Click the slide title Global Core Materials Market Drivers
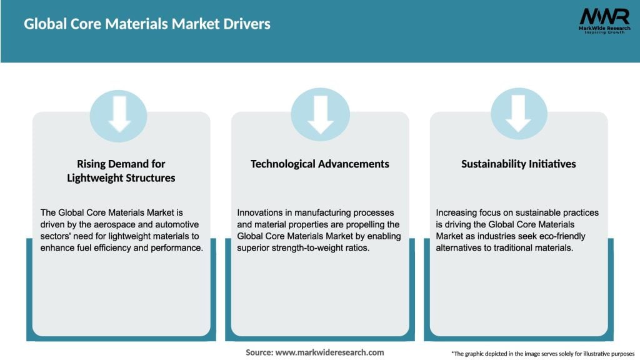tap(147, 24)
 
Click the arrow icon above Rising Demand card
tap(118, 116)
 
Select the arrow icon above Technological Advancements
tap(320, 116)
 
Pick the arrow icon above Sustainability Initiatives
tap(518, 116)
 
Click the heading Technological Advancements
tap(320, 164)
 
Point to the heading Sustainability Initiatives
tap(518, 164)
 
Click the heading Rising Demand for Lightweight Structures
tap(121, 171)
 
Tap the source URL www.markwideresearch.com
tap(329, 352)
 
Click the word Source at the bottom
tap(259, 352)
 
